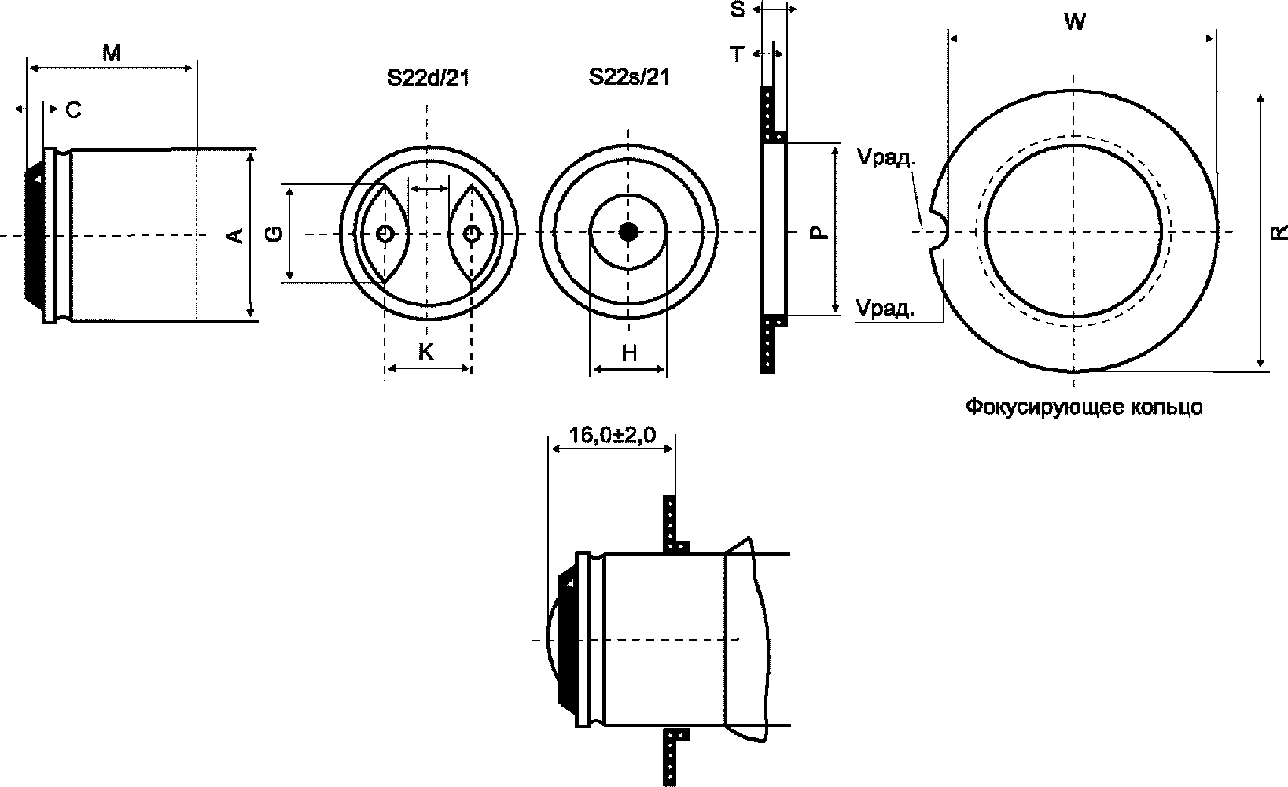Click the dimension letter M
coord(112,53)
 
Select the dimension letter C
coord(74,109)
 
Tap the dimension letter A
coord(236,235)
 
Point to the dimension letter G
coord(275,234)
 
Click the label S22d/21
coord(429,78)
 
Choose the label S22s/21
coord(630,77)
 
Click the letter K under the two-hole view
coord(426,352)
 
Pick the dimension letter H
coord(629,353)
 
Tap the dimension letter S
coord(738,9)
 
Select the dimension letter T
coord(738,54)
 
